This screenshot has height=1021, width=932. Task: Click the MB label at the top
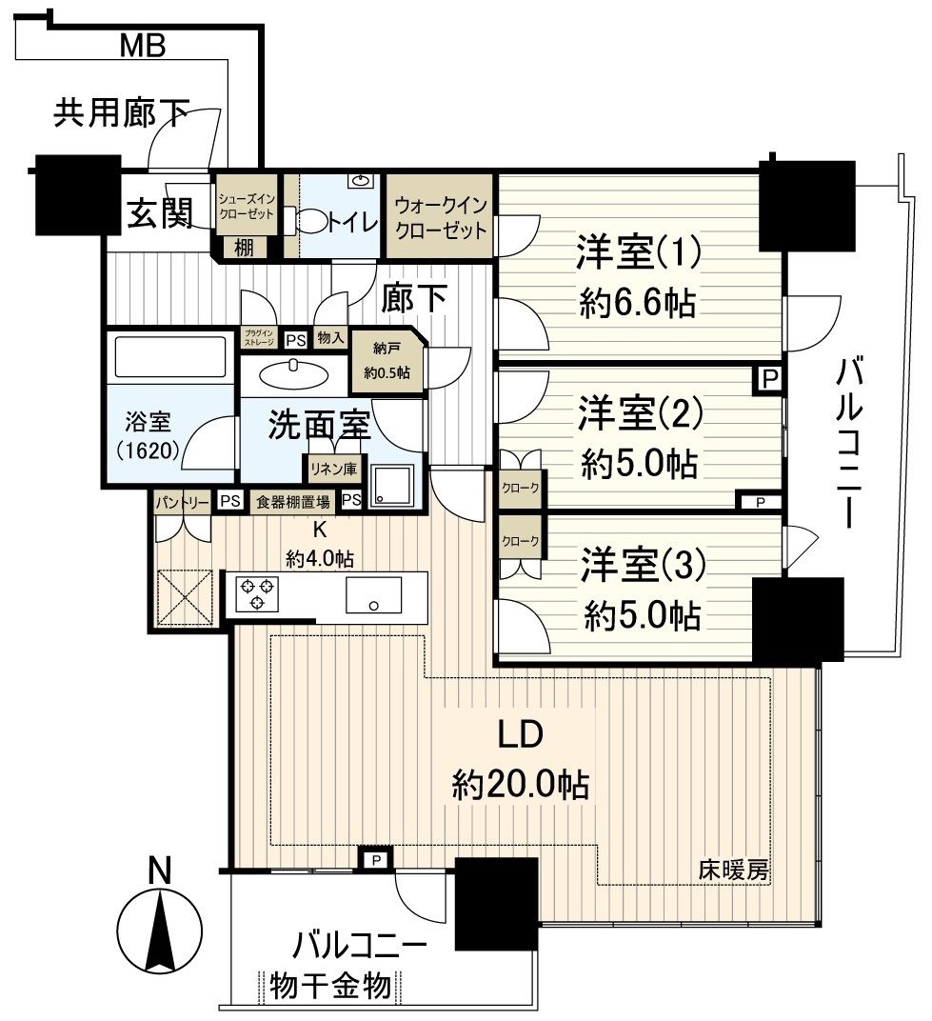(144, 45)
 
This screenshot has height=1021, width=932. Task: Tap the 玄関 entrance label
(160, 213)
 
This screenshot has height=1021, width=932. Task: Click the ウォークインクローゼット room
(440, 217)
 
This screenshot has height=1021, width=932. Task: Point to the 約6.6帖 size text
(638, 304)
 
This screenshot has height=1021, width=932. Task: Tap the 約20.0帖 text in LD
(520, 786)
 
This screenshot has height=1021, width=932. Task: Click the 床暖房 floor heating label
(733, 869)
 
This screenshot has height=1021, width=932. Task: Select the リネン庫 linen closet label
(330, 467)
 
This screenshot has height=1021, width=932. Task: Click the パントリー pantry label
(182, 501)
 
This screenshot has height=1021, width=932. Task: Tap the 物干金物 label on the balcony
(330, 986)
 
